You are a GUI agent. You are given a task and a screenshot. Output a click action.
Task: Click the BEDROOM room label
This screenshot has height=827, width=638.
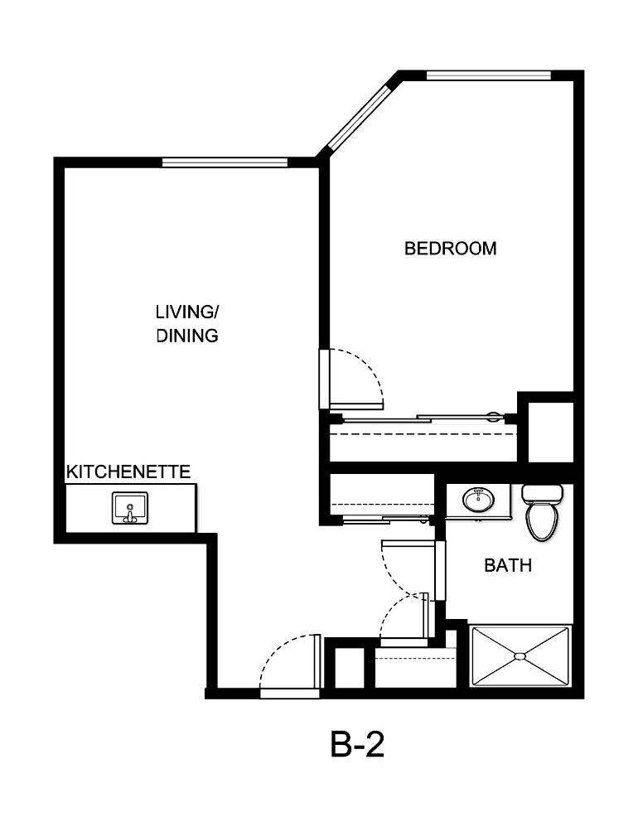tap(450, 248)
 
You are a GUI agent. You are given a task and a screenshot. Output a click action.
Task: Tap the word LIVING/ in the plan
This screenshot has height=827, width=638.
tap(187, 312)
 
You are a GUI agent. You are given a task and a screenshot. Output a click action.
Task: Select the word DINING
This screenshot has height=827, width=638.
tap(187, 336)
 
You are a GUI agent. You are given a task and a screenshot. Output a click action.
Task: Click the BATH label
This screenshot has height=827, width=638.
tap(508, 566)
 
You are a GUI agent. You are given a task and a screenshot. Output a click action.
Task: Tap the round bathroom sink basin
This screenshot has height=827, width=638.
tap(477, 500)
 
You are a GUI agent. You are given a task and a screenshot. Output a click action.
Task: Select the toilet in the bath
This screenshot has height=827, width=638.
tap(542, 514)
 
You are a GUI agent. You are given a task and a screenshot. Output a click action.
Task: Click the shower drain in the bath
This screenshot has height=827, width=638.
tap(520, 656)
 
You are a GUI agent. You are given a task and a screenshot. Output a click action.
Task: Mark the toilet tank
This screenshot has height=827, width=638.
tap(543, 493)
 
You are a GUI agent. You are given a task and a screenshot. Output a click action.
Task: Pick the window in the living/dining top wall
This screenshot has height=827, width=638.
tap(225, 162)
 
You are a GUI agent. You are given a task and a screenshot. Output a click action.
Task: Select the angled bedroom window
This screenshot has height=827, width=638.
tap(357, 114)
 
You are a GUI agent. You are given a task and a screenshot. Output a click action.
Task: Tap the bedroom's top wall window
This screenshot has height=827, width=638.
tap(488, 75)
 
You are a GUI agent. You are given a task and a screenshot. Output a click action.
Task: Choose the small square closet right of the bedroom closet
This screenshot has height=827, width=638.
tap(550, 431)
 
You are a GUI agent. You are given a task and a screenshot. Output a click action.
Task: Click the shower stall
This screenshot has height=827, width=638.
tap(520, 656)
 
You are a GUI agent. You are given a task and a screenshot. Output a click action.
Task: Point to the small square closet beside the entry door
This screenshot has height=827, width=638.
tap(348, 665)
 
